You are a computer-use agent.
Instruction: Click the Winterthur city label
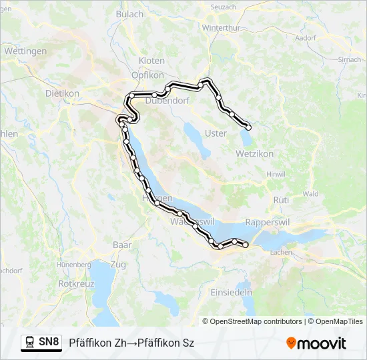220,28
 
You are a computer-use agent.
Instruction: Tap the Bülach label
129,14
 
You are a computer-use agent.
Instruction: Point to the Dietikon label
62,93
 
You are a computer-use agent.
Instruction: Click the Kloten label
151,61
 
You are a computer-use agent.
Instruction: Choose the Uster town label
216,133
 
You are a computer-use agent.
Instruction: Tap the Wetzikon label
254,153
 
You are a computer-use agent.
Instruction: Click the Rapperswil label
267,222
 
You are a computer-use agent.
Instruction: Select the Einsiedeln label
231,293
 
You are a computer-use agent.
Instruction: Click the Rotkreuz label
77,283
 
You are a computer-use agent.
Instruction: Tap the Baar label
122,245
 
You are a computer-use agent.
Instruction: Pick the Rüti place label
281,199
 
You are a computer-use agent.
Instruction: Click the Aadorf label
304,38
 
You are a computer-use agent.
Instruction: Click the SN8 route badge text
49,343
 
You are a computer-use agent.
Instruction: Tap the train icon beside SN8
30,343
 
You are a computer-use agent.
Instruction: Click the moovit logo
316,343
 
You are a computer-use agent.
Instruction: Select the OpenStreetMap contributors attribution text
256,321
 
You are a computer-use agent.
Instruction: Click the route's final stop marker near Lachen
246,245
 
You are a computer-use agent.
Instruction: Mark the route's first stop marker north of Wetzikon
249,127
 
